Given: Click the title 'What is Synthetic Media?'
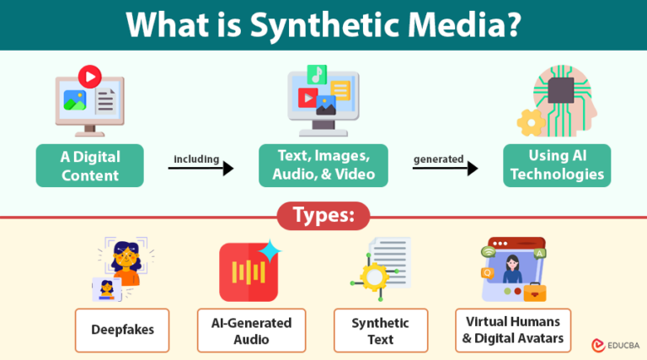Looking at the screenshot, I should click(323, 25).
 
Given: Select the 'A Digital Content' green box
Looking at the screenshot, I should click(90, 166).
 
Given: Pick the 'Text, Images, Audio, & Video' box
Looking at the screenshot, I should click(323, 166).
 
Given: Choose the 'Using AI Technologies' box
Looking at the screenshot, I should click(557, 166).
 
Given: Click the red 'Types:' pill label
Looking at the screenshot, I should click(323, 216).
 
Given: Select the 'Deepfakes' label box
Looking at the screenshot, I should click(123, 330).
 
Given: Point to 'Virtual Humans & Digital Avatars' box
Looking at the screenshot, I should click(513, 330).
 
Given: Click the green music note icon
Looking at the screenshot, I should click(317, 73).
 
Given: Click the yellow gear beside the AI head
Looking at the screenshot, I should click(531, 123).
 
